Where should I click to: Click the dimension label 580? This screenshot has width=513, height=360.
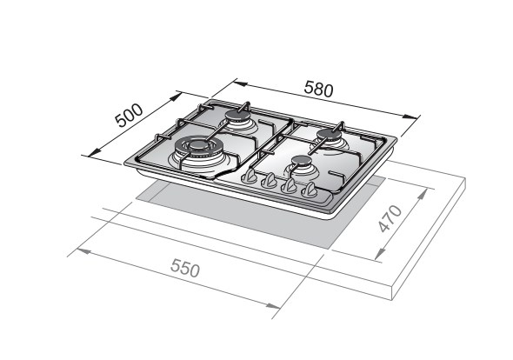tap(318, 89)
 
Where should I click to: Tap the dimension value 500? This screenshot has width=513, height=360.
tap(130, 115)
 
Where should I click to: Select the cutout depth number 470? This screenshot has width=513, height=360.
tap(390, 218)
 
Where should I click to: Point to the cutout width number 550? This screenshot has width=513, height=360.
tap(185, 268)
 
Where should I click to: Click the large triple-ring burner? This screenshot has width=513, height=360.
tap(198, 151)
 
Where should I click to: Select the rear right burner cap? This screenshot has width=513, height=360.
tap(329, 134)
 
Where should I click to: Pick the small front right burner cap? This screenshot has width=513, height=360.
tap(302, 161)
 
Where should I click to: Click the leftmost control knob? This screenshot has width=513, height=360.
tap(250, 176)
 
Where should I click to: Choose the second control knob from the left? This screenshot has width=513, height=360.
tap(270, 181)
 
